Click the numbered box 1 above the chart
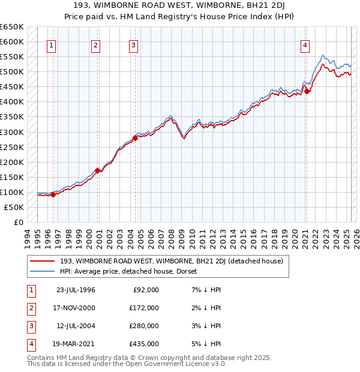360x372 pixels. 51,46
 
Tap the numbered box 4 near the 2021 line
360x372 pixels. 305,46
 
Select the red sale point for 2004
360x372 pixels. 135,138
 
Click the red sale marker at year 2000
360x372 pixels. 98,170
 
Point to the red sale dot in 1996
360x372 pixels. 53,194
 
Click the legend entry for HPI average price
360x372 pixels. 133,271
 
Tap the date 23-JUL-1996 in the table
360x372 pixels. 76,290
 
